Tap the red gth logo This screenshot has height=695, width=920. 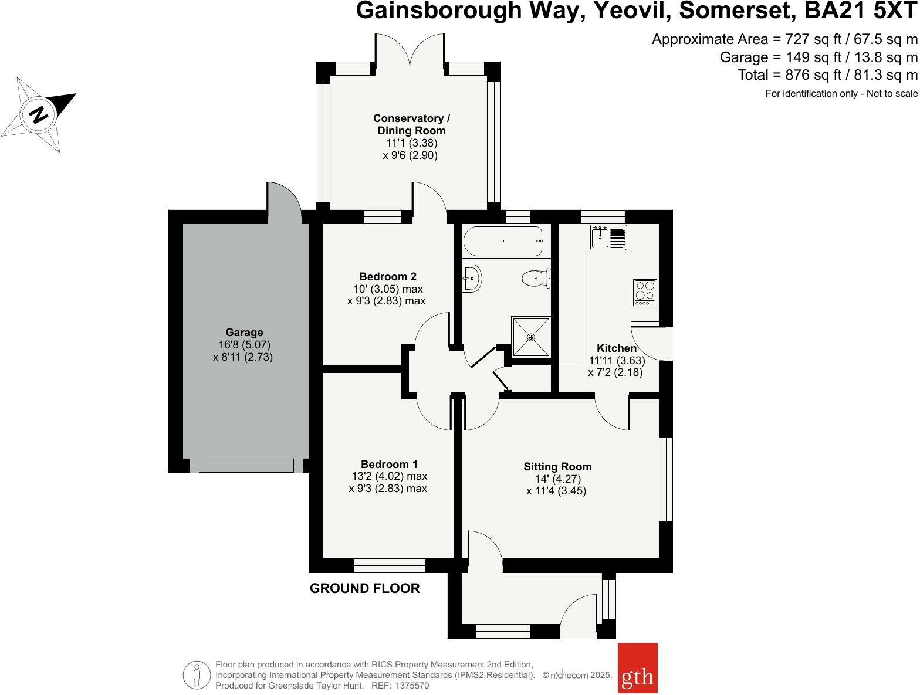(x=637, y=668)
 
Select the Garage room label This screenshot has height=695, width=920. (x=244, y=333)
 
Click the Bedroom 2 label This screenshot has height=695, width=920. (x=388, y=277)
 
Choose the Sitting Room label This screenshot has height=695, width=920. (x=557, y=467)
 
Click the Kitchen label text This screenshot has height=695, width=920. (x=616, y=348)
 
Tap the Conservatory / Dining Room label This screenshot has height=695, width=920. (x=411, y=124)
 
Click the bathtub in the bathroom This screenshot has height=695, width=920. (x=503, y=241)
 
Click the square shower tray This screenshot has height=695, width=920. (x=531, y=337)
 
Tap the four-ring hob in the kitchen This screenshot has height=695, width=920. (x=644, y=291)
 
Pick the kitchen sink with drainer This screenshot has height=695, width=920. (x=609, y=236)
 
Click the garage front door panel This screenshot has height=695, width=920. (x=246, y=466)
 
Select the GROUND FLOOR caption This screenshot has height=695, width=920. (x=364, y=588)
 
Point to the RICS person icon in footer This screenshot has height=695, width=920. (x=197, y=674)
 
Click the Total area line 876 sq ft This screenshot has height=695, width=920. (x=827, y=75)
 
